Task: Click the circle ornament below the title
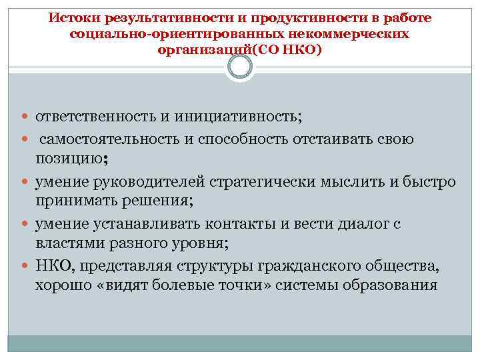pyautogui.click(x=240, y=67)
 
